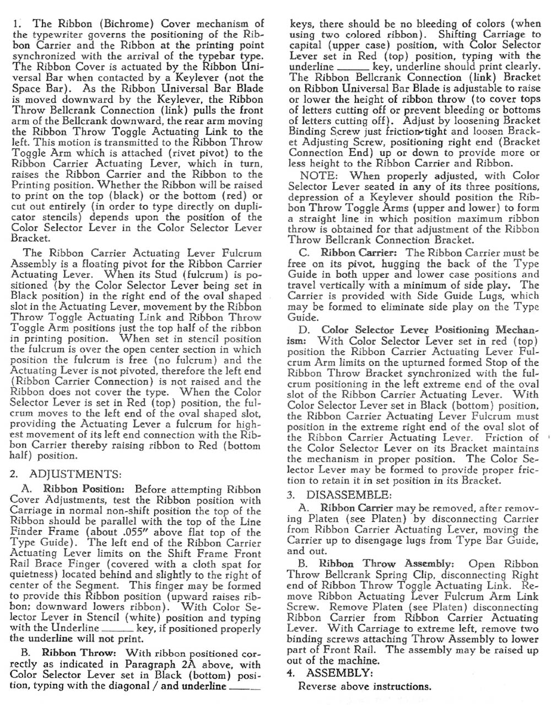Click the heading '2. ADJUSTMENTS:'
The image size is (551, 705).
point(66,474)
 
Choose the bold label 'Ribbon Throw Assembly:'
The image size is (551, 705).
point(386,564)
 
